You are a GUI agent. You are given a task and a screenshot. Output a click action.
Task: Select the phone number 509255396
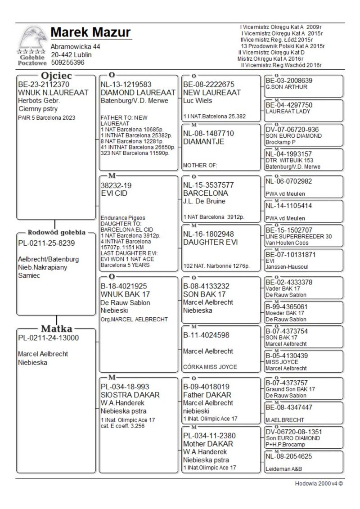(67, 63)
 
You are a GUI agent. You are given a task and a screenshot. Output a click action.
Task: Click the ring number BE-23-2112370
(44, 84)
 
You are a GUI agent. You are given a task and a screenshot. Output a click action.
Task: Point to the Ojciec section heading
(55, 75)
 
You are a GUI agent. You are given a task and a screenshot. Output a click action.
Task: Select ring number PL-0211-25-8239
(46, 243)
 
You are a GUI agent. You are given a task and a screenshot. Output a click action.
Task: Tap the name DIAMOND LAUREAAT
(138, 92)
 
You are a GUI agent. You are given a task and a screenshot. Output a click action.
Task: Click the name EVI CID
(114, 193)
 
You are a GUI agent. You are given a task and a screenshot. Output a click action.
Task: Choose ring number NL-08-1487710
(208, 133)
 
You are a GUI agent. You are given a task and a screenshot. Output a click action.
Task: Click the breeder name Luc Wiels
(198, 101)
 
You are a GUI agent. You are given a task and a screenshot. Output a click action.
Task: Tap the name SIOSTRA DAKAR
(130, 395)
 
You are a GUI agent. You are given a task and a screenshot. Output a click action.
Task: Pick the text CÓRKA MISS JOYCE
(210, 367)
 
